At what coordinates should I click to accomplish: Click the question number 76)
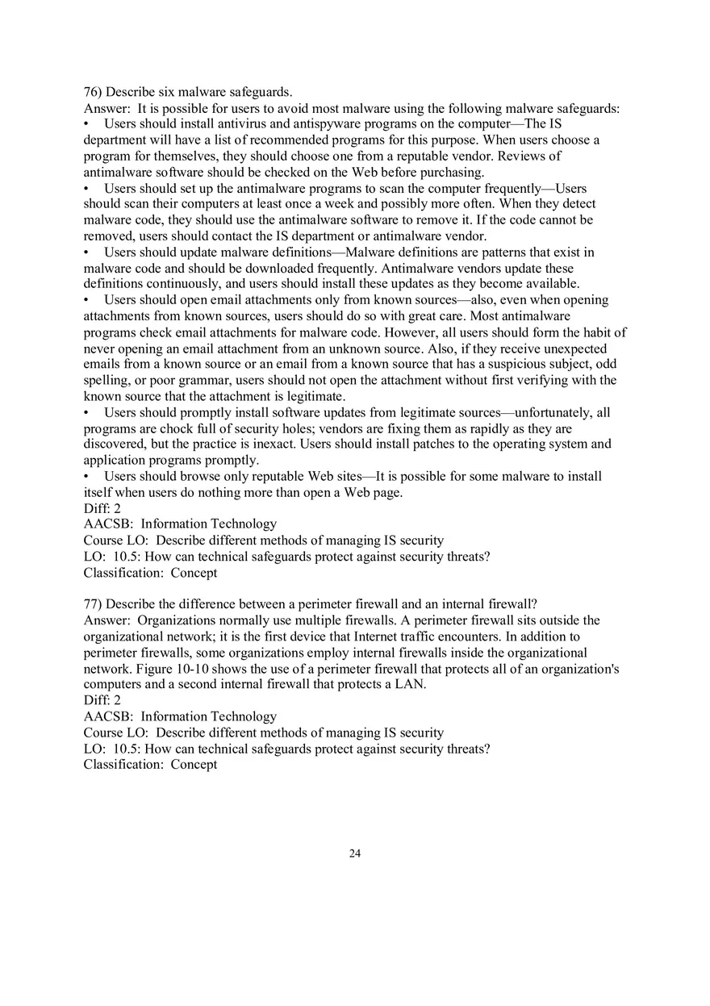[x=93, y=92]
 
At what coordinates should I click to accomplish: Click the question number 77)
[x=93, y=604]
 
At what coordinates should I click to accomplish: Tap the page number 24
[x=355, y=854]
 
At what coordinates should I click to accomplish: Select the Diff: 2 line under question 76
[x=102, y=509]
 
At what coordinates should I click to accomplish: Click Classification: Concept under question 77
[x=150, y=765]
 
